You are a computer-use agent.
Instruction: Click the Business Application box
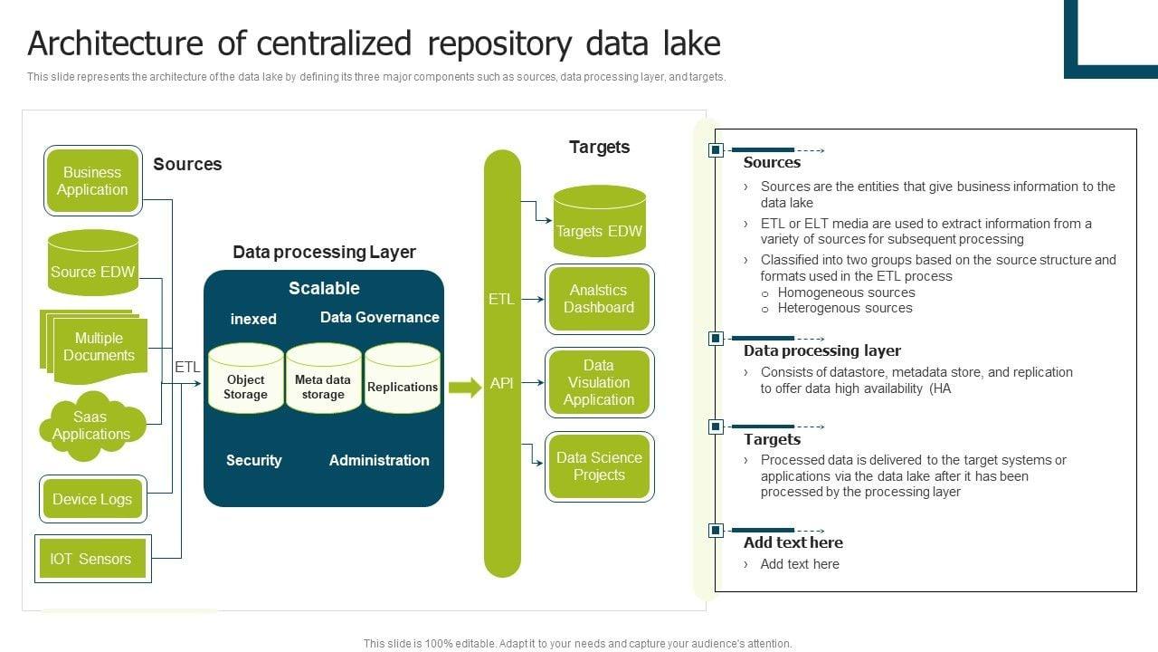point(92,181)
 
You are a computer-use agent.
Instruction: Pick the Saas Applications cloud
point(91,426)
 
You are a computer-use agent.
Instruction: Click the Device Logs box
point(92,499)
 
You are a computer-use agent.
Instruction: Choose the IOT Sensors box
point(91,559)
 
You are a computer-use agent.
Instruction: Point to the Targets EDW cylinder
point(599,223)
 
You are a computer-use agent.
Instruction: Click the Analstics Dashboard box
point(599,299)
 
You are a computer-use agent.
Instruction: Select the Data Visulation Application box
point(599,382)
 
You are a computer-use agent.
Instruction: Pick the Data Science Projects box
point(599,466)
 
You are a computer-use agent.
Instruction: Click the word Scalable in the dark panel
point(324,288)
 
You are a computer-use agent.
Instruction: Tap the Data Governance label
point(380,317)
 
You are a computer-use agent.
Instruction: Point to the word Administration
point(379,460)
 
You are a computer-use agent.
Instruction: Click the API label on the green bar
point(502,383)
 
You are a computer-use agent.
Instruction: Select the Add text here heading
point(793,542)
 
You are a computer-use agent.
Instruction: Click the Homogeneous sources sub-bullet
point(846,292)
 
